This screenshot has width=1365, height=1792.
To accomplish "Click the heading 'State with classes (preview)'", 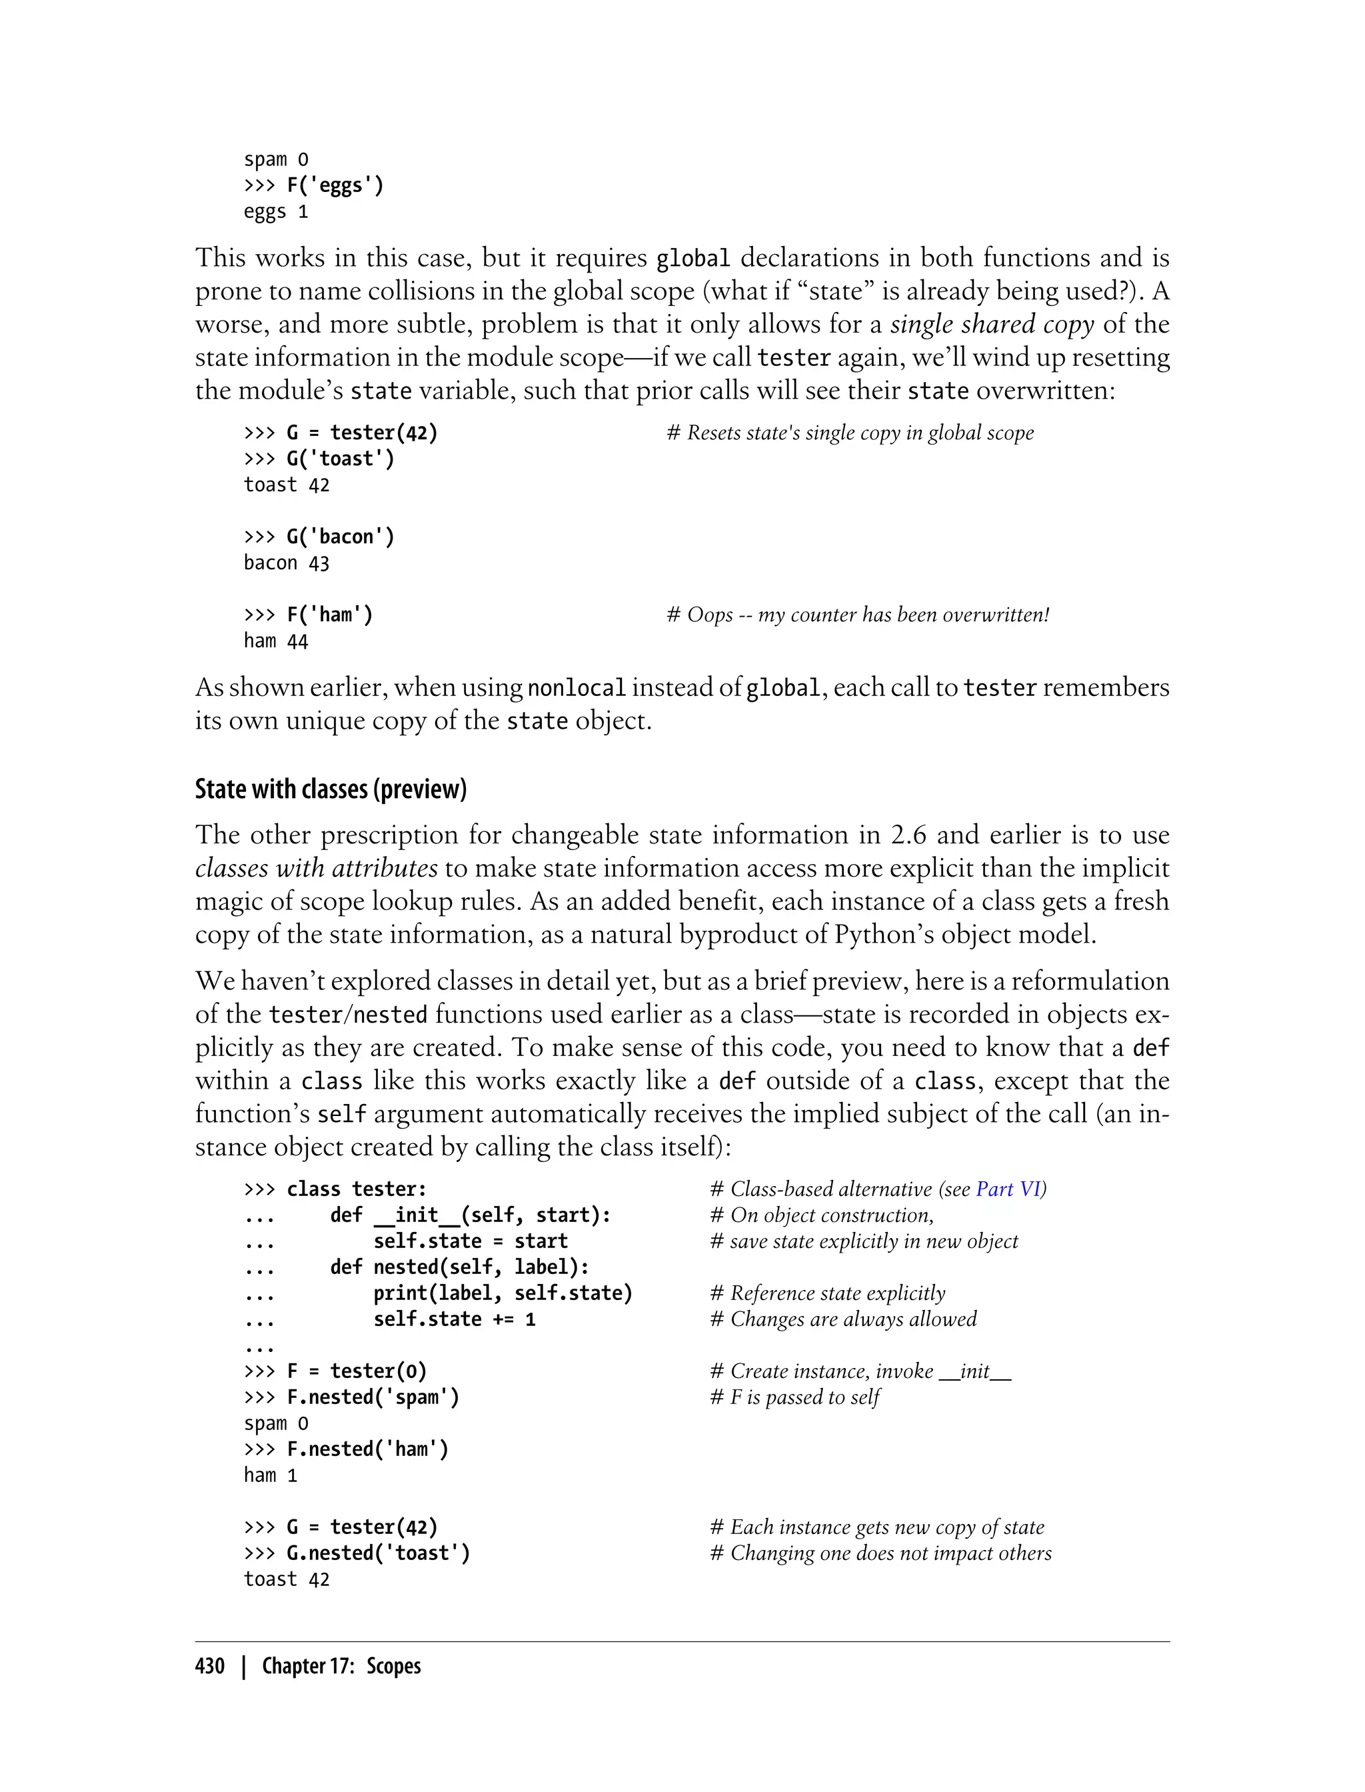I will pos(331,789).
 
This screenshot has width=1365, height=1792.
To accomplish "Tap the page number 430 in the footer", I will pos(210,1666).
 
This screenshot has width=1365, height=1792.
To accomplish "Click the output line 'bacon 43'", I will pos(286,563).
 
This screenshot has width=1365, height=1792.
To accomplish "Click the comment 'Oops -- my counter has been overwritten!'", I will pos(858,615).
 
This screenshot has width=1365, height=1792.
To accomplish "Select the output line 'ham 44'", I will pos(275,641).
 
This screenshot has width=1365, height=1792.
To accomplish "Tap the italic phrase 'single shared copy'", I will pos(991,324).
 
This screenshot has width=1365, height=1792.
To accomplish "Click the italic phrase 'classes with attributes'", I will pos(316,868).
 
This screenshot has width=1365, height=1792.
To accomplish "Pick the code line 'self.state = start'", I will pos(471,1241).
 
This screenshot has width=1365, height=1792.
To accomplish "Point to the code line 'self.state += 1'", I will pos(454,1319).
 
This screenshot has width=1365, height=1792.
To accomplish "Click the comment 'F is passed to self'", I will pos(795,1397).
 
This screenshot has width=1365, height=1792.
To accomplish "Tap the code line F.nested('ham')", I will pos(367,1449).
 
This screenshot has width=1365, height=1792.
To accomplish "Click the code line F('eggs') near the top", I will pos(335,185).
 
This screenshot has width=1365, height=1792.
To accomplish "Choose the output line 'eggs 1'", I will pos(275,212).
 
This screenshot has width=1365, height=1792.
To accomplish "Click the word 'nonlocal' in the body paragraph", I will pos(576,689).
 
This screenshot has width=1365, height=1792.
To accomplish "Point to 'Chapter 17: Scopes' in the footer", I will pos(341,1666).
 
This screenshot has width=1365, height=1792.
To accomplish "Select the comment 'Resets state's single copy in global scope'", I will pos(850,433).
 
